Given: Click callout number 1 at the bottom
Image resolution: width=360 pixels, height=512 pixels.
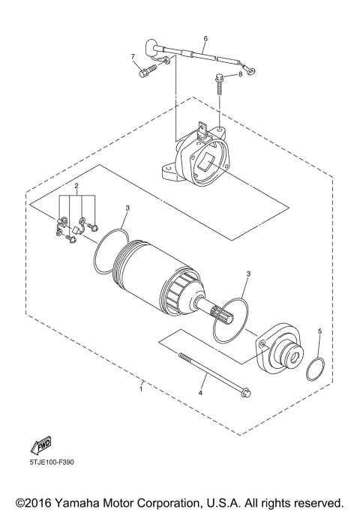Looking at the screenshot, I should tap(142, 388).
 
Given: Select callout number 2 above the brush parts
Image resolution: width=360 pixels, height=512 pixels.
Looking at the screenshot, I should tap(76, 184).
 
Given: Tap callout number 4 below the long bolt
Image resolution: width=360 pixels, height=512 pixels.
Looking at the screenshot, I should tap(200, 392).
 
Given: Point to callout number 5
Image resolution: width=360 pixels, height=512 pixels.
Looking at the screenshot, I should tap(319, 331).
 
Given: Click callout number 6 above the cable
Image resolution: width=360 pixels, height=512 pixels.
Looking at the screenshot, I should tap(205, 37).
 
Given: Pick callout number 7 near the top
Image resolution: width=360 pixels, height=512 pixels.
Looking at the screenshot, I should tap(133, 57).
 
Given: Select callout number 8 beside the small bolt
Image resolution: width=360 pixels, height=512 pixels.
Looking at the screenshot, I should tap(241, 73).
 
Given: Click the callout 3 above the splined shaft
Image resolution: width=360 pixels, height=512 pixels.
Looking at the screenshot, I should tap(247, 276).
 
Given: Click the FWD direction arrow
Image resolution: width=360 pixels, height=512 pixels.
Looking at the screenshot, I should tap(40, 447).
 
